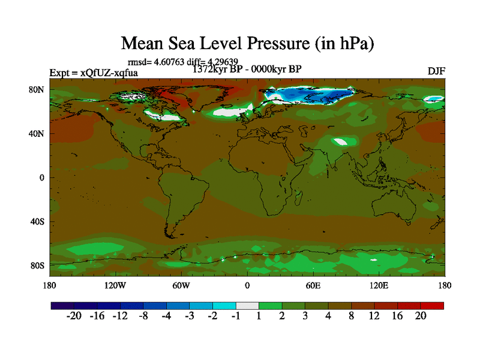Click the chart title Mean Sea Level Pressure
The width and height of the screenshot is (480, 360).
point(248,43)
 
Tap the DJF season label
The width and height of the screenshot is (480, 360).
point(436,71)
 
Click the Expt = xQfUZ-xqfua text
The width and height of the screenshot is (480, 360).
point(94,73)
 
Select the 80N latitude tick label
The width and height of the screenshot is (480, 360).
point(38,90)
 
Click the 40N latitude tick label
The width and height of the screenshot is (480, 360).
point(38,134)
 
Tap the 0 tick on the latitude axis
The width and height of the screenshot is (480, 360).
point(42,178)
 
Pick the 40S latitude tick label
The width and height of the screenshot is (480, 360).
point(38,221)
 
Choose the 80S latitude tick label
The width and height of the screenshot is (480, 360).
point(38,265)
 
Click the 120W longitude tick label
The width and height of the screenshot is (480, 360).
point(115,286)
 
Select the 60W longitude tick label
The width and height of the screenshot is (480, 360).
point(181,286)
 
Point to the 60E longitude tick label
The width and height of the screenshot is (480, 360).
point(313,286)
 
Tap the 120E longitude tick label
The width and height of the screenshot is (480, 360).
point(379,286)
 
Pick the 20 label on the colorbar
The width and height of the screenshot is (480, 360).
point(420,317)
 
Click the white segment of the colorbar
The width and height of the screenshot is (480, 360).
point(247,305)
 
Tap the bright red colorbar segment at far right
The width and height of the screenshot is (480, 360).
point(432,305)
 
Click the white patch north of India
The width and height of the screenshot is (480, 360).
point(341,142)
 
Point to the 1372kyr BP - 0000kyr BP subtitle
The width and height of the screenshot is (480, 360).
point(247,69)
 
